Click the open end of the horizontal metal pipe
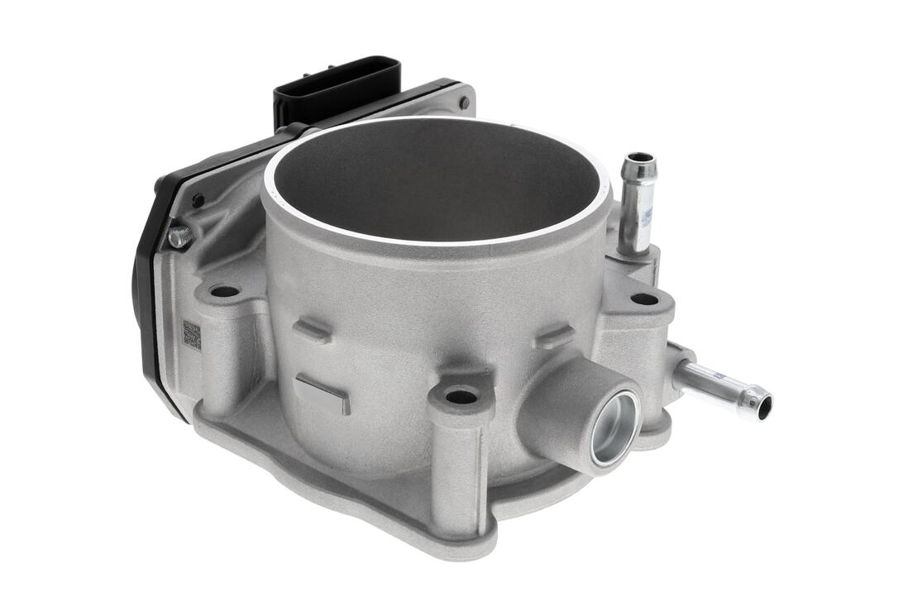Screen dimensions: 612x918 763,406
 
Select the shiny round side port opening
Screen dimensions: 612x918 615,428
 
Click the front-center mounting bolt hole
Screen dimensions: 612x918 461,396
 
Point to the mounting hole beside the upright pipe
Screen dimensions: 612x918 644,299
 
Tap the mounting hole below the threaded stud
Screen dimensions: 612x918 223,291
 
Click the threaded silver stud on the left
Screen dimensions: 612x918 180,238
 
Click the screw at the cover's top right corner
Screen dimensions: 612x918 465,103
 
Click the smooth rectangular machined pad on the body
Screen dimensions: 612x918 323,393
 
